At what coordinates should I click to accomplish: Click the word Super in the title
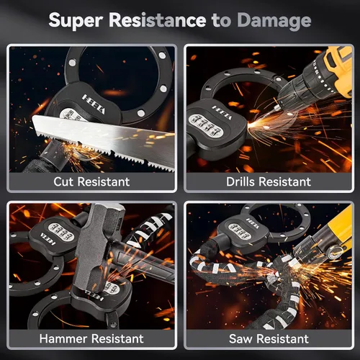(x=76, y=20)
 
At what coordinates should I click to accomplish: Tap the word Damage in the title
(x=274, y=21)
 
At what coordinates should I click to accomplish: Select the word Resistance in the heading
(x=158, y=19)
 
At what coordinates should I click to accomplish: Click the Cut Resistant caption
(x=91, y=181)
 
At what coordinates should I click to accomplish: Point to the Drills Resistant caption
(x=269, y=181)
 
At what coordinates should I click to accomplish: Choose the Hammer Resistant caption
(x=91, y=338)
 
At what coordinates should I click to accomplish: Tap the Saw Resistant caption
(x=269, y=338)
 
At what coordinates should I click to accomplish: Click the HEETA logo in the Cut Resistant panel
(x=94, y=104)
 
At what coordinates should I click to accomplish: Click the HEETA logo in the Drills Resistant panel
(x=222, y=112)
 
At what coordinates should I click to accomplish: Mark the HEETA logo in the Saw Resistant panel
(x=253, y=223)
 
